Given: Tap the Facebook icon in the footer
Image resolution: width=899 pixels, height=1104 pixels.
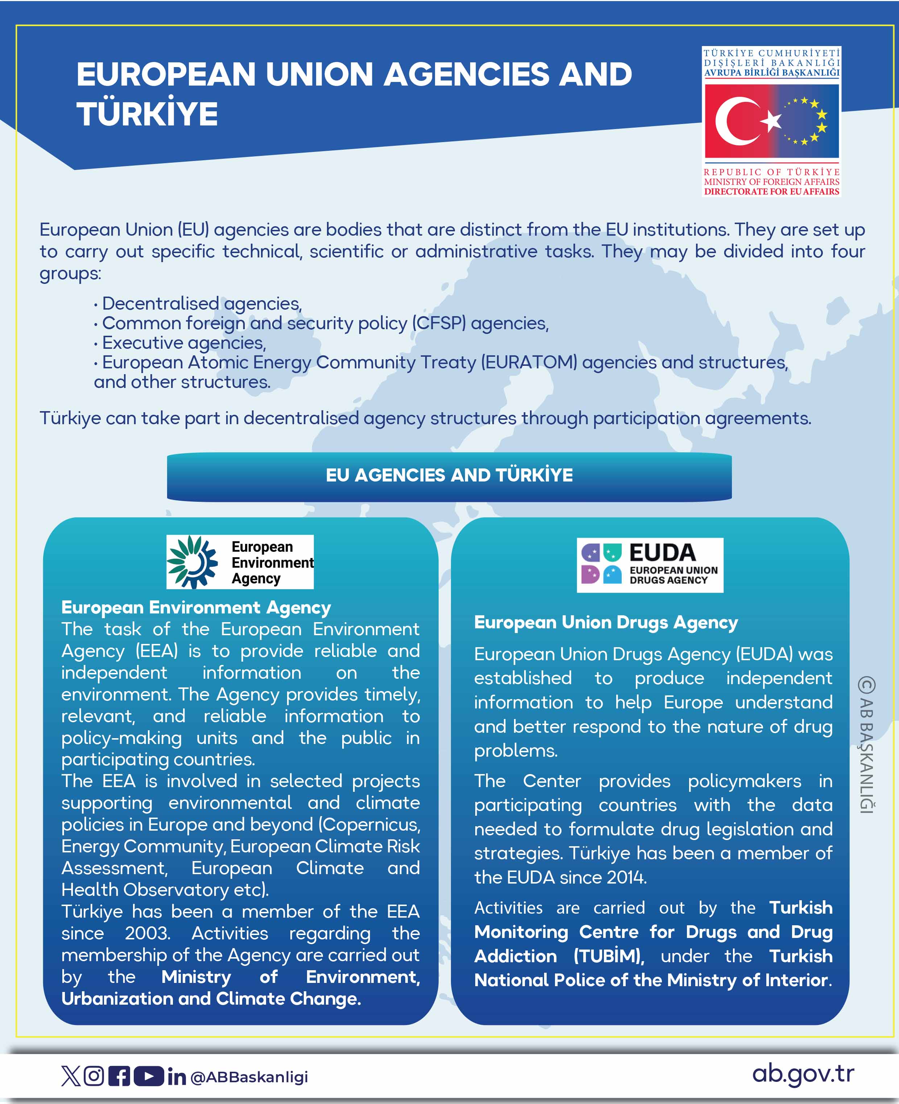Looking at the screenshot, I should [x=119, y=1076].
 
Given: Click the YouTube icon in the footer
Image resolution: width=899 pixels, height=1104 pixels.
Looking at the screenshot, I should [x=149, y=1076].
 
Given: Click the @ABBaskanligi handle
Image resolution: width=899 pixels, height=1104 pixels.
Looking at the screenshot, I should [x=249, y=1077].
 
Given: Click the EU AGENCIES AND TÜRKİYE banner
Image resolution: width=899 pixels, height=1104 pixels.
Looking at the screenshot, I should [x=449, y=475].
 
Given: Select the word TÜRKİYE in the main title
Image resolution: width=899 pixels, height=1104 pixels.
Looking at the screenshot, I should [x=148, y=114].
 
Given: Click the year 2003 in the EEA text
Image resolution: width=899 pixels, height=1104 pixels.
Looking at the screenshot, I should [x=147, y=933].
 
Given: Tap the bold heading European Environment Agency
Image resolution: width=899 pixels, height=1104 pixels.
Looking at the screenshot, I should [x=196, y=607].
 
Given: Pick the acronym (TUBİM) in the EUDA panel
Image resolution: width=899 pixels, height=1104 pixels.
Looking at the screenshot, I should [x=609, y=956].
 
